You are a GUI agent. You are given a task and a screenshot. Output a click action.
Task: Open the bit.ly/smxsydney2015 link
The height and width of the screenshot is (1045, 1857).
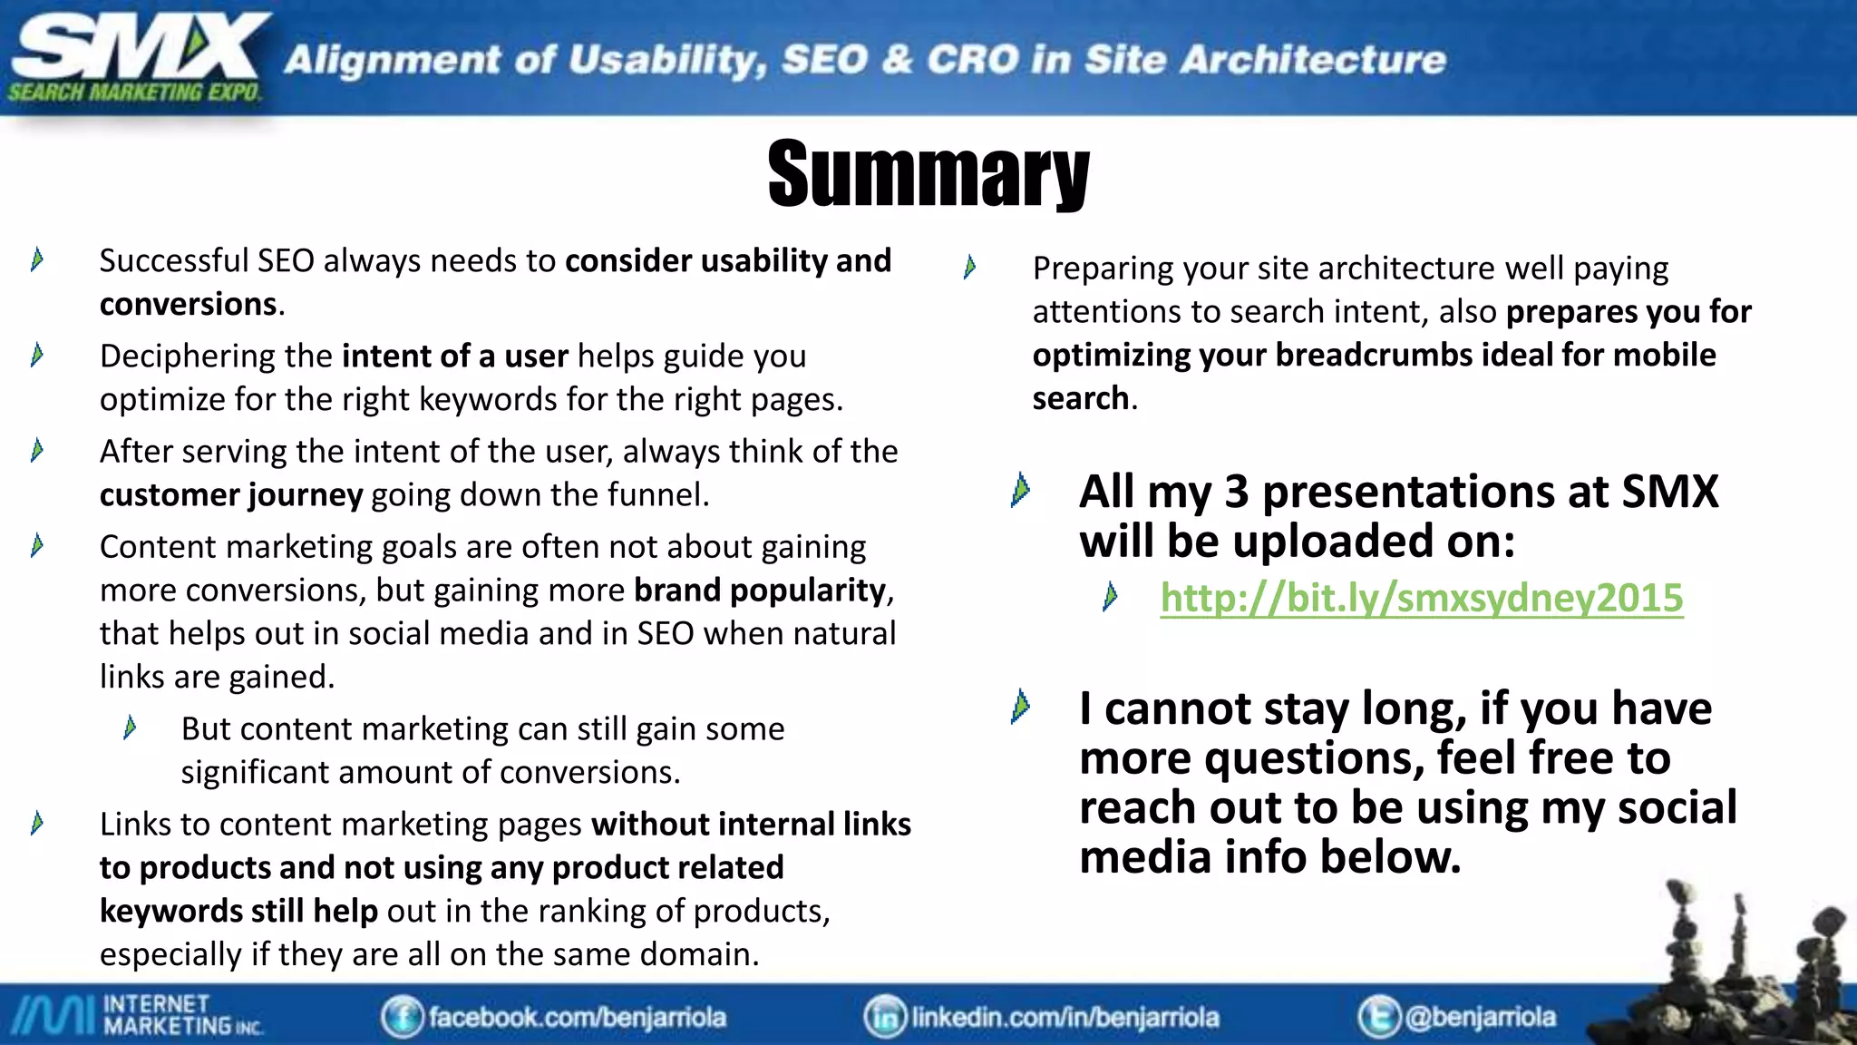(x=1421, y=599)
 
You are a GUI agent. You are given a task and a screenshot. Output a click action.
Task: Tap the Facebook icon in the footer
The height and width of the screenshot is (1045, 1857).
(x=402, y=1017)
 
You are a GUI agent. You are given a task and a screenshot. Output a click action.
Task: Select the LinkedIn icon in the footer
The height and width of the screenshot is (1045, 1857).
(x=885, y=1017)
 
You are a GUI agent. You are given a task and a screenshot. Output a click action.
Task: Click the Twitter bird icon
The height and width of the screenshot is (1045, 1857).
(x=1379, y=1017)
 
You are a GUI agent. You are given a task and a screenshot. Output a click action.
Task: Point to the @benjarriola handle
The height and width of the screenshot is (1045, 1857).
(x=1480, y=1017)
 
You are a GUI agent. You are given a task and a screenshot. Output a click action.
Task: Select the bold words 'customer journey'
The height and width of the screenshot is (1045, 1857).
(x=231, y=495)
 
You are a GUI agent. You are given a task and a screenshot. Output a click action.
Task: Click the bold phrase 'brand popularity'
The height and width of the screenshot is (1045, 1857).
(x=759, y=591)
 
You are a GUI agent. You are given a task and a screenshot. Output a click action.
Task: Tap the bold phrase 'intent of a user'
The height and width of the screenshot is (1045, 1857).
(x=455, y=356)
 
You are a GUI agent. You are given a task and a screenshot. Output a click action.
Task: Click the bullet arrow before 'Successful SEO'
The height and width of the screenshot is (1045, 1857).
(x=37, y=260)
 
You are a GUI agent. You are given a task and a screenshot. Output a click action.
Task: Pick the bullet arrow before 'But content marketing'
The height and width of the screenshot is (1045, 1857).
(x=131, y=728)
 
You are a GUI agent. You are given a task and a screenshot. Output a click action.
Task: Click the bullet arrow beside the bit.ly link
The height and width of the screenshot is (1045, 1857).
(x=1111, y=597)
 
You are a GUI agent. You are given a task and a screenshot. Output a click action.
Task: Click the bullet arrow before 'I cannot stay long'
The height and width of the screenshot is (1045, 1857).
(x=1021, y=708)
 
